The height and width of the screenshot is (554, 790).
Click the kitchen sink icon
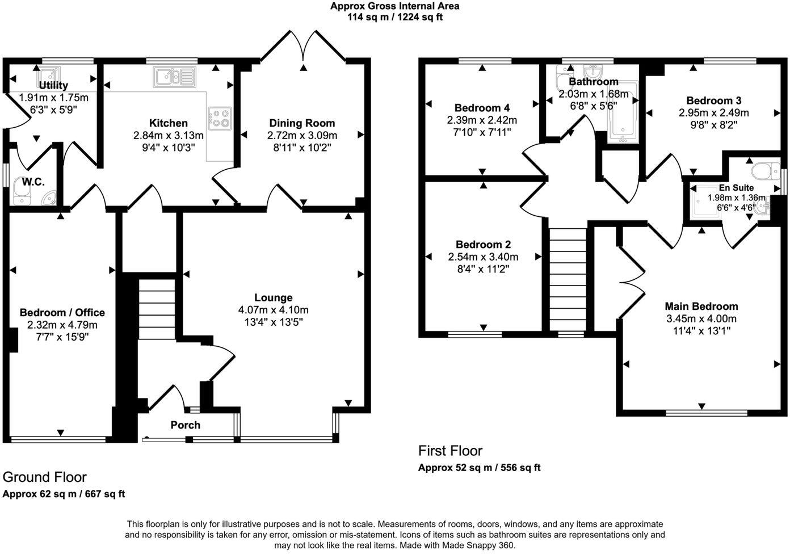pyautogui.click(x=174, y=75)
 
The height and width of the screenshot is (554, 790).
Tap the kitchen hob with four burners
pyautogui.click(x=220, y=118)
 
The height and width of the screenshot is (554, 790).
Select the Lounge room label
pyautogui.click(x=273, y=297)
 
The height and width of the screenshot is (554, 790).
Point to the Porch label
pyautogui.click(x=186, y=425)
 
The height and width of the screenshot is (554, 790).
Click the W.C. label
pyautogui.click(x=33, y=182)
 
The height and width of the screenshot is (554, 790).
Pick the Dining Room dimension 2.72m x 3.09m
pyautogui.click(x=302, y=136)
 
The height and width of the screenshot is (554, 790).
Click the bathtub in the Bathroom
pyautogui.click(x=623, y=112)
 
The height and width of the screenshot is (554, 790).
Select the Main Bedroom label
pyautogui.click(x=701, y=306)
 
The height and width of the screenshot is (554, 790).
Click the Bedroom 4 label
pyautogui.click(x=482, y=108)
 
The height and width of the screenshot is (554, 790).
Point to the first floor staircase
pyautogui.click(x=567, y=278)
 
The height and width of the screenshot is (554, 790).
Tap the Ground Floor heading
pyautogui.click(x=45, y=477)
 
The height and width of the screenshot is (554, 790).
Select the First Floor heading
pyautogui.click(x=450, y=451)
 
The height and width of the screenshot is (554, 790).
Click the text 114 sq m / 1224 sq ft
pyautogui.click(x=395, y=17)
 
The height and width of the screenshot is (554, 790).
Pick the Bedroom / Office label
pyautogui.click(x=62, y=312)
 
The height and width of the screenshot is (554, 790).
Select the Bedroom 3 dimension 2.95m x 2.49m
pyautogui.click(x=713, y=113)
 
